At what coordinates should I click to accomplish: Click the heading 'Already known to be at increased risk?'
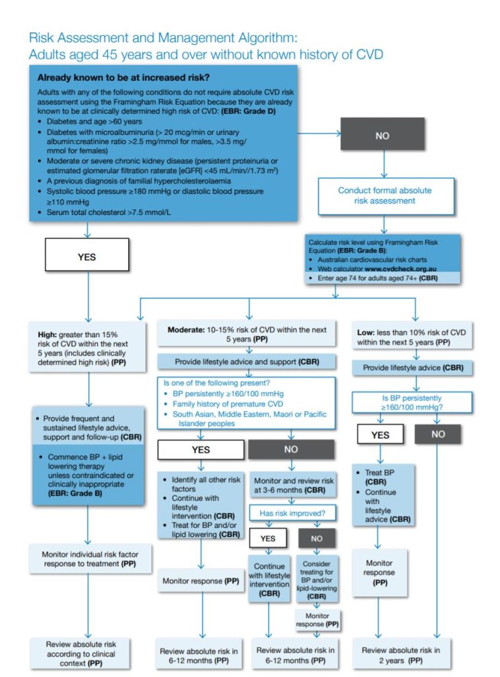123,77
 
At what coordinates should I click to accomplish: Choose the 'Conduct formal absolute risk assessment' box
385,196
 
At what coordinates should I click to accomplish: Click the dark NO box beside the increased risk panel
382,136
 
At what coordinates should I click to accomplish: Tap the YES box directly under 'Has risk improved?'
268,538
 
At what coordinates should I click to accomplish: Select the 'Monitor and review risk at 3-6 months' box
293,486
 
